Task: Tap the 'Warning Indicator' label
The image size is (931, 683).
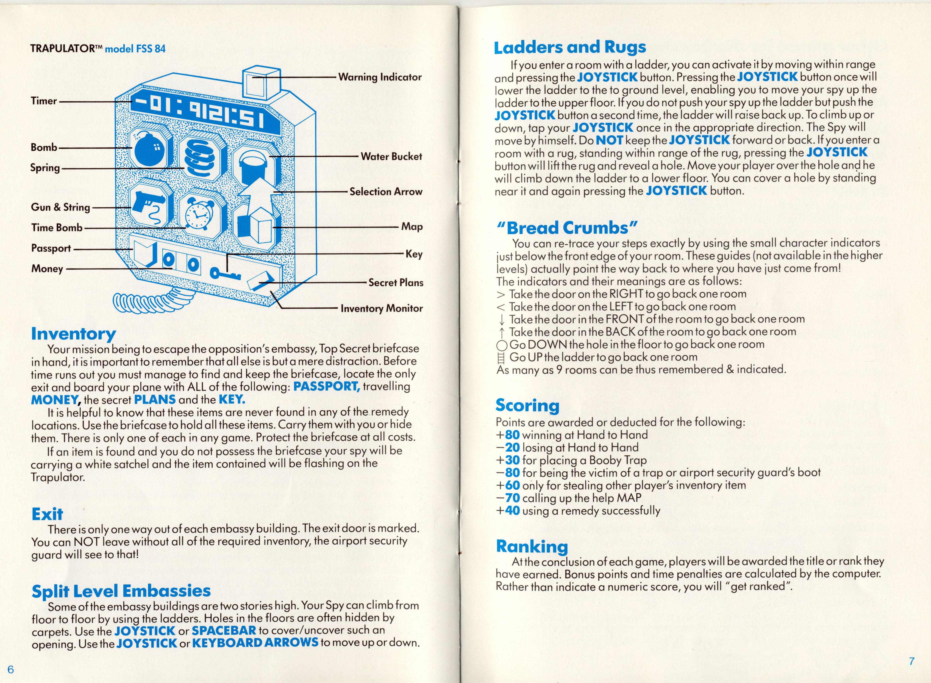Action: (x=380, y=77)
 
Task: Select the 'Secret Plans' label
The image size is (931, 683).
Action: (x=396, y=283)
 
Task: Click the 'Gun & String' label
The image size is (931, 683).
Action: (x=60, y=207)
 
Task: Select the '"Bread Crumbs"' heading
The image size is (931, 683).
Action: (x=567, y=228)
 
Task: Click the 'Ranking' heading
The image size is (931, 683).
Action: (x=532, y=547)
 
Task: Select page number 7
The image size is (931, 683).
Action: (x=911, y=661)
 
